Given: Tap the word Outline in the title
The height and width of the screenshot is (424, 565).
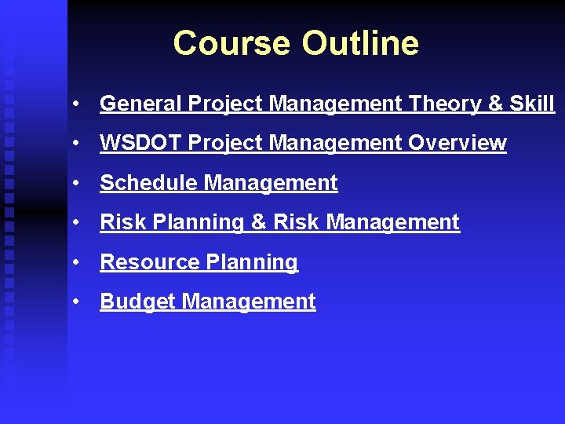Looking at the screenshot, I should [x=360, y=43].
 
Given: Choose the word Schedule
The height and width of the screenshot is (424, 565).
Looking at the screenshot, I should [x=148, y=183].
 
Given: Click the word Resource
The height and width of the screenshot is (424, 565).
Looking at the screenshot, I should [x=145, y=262].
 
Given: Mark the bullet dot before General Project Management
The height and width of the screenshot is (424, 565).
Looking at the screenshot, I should [x=76, y=104].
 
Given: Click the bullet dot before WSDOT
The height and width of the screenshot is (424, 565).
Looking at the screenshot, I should [x=76, y=144].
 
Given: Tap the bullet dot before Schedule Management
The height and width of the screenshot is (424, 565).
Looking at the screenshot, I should [x=76, y=184].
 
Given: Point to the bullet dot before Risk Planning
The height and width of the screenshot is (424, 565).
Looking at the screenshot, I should [x=76, y=223].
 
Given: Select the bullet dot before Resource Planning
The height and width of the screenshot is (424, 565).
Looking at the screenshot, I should [x=76, y=263].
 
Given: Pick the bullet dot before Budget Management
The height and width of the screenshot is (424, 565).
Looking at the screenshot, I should [x=76, y=302].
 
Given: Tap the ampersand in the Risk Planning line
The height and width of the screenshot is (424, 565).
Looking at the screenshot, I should [x=259, y=222].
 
